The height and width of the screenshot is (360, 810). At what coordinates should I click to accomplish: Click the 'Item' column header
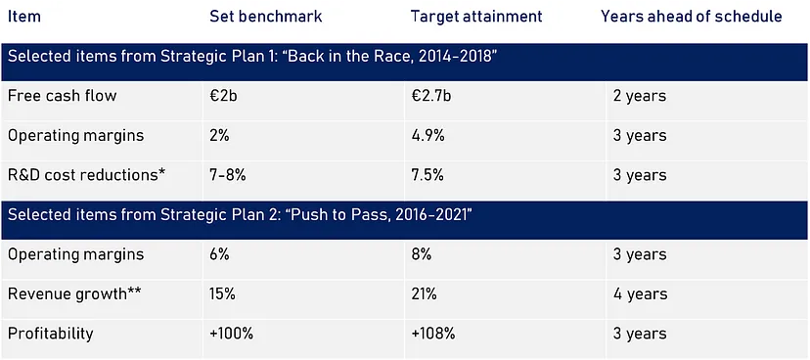pyautogui.click(x=24, y=17)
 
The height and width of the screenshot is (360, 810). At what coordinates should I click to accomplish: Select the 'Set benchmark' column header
pyautogui.click(x=265, y=17)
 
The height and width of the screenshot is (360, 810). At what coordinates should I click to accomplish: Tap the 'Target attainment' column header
pyautogui.click(x=476, y=17)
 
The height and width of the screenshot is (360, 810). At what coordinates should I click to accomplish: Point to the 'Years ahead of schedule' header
pyautogui.click(x=692, y=17)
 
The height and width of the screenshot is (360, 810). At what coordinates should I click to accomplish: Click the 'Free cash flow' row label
pyautogui.click(x=62, y=96)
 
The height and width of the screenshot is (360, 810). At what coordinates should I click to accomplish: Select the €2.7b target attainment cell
pyautogui.click(x=431, y=96)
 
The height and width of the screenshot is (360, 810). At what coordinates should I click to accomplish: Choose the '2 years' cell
pyautogui.click(x=640, y=96)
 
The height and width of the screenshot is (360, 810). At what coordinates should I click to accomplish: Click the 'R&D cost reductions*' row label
pyautogui.click(x=87, y=175)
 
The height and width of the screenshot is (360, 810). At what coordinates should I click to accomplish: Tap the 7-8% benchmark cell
pyautogui.click(x=227, y=175)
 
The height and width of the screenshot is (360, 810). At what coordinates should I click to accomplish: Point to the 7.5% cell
pyautogui.click(x=427, y=175)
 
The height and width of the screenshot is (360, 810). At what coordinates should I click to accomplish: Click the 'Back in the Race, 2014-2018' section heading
pyautogui.click(x=252, y=56)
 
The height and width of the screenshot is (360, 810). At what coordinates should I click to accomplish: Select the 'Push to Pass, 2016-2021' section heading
pyautogui.click(x=241, y=214)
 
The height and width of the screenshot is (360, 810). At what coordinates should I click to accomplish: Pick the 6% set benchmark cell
pyautogui.click(x=219, y=254)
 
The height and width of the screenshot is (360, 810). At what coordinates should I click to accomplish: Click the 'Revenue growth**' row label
pyautogui.click(x=75, y=293)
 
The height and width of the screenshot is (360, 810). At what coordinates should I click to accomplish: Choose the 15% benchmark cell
pyautogui.click(x=222, y=293)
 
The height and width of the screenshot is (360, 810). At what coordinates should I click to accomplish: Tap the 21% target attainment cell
pyautogui.click(x=425, y=293)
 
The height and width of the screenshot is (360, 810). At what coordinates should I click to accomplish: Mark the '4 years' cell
pyautogui.click(x=640, y=294)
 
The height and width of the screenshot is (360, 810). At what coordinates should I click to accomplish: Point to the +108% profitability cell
pyautogui.click(x=433, y=334)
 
